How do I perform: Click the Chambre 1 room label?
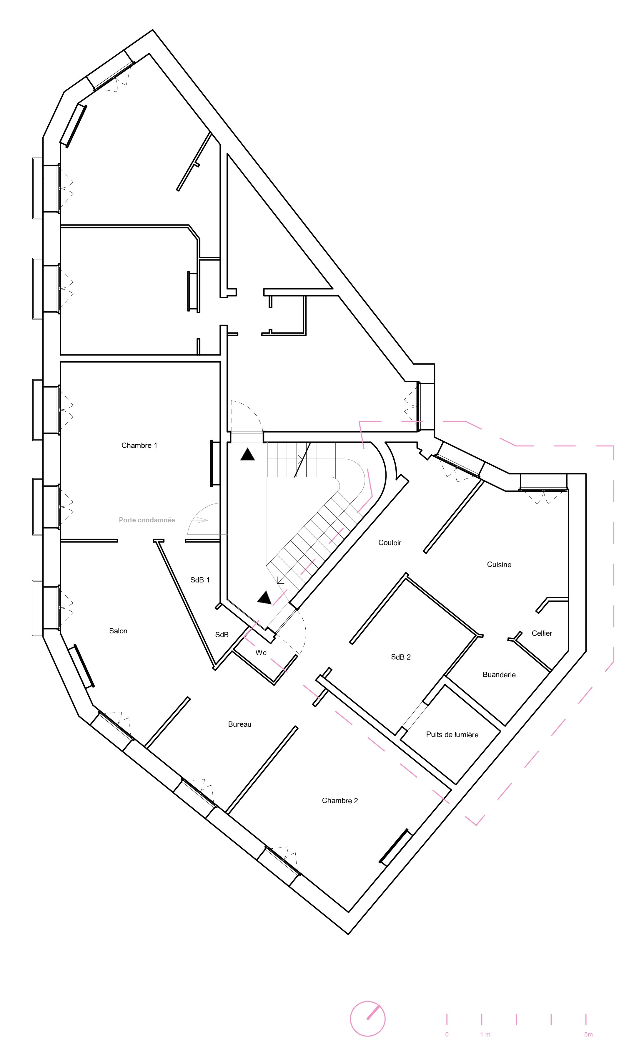[x=139, y=445]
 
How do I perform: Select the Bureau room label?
[x=239, y=724]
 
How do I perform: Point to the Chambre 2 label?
[x=340, y=800]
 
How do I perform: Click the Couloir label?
[x=390, y=543]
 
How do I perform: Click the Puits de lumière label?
[x=452, y=735]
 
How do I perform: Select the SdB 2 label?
[x=401, y=657]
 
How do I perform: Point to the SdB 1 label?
[x=200, y=580]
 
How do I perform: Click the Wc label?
[x=261, y=653]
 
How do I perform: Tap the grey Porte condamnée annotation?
[x=147, y=520]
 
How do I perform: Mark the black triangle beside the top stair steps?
[x=247, y=455]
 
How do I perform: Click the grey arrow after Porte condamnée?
[x=192, y=520]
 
